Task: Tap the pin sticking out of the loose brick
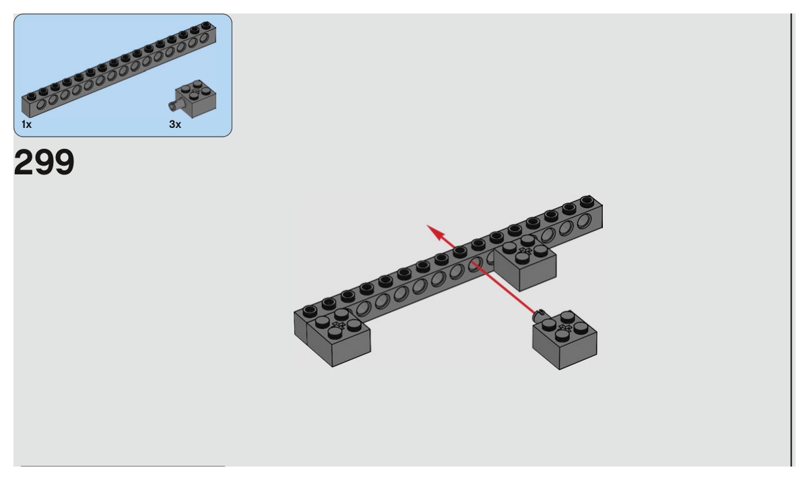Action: (x=538, y=314)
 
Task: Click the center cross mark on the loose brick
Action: (x=564, y=327)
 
